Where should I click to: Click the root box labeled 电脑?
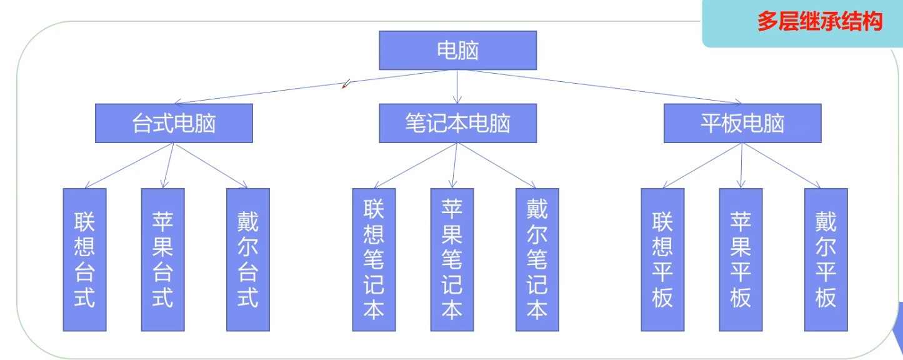(457, 51)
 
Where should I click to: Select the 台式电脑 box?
(174, 123)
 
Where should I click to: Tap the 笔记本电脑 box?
(457, 123)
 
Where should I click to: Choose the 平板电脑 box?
(742, 123)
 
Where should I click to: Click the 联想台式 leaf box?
(84, 259)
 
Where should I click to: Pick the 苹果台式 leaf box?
(162, 259)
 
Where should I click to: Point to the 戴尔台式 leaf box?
(247, 259)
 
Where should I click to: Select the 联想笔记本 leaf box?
(374, 259)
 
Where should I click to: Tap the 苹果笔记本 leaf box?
(452, 259)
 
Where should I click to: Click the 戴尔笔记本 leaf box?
(537, 259)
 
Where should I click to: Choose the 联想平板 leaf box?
(662, 259)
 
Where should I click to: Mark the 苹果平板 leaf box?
(741, 259)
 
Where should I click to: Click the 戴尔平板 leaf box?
(826, 259)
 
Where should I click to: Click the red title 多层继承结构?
(819, 22)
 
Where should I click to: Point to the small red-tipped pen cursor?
(346, 84)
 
